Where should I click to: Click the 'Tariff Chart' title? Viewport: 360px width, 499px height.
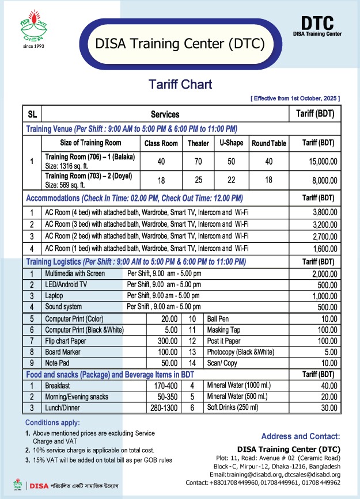click(x=180, y=85)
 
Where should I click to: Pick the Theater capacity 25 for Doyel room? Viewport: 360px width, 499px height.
click(x=198, y=180)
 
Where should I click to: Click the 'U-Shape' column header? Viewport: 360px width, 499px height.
click(x=231, y=143)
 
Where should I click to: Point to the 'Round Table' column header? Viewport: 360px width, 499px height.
click(x=268, y=143)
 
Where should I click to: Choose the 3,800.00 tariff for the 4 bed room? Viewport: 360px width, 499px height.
click(x=324, y=212)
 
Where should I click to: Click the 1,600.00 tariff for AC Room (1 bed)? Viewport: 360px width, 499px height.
click(x=324, y=248)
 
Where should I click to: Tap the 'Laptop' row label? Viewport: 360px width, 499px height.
click(x=54, y=295)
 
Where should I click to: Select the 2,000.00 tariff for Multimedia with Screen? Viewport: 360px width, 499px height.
click(x=324, y=273)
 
